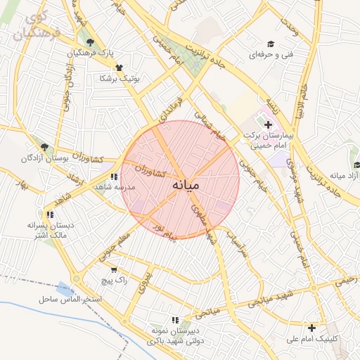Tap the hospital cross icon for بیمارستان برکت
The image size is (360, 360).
(268, 124)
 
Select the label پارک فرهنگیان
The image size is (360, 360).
(75, 54)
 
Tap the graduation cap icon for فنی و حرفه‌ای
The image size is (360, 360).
(271, 44)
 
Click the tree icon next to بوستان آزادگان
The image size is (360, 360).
(44, 147)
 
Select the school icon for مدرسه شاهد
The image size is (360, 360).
(113, 176)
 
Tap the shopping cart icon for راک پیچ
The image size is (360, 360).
(114, 269)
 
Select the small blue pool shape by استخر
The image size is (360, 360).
(65, 288)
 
